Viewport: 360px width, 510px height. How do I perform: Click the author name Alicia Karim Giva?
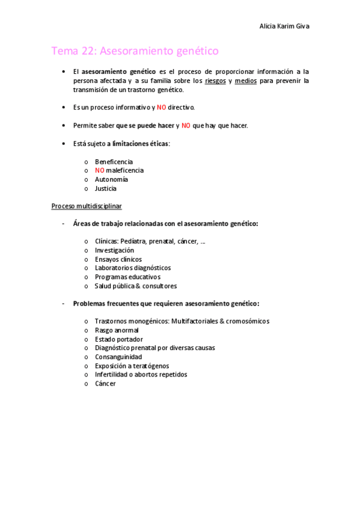tap(284, 26)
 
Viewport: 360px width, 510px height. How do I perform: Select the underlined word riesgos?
tap(216, 81)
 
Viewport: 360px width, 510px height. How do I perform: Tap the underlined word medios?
tap(246, 81)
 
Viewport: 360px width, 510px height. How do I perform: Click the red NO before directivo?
tap(162, 108)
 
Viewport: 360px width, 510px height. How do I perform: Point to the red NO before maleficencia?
tap(100, 170)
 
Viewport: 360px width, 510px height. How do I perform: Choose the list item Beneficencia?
tap(114, 162)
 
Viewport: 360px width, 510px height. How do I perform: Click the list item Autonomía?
tap(111, 179)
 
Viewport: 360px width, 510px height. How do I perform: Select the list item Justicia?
tap(106, 188)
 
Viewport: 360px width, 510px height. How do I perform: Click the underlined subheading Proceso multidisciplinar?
tap(87, 206)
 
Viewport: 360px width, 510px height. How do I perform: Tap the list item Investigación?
tap(115, 250)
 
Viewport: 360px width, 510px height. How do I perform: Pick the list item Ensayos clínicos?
tap(118, 259)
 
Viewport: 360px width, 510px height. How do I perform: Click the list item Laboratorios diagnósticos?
tap(133, 268)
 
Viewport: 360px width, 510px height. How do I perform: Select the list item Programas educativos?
tap(128, 277)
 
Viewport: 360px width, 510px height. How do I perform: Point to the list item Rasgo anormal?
tap(117, 330)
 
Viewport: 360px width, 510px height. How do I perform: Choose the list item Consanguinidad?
tap(118, 357)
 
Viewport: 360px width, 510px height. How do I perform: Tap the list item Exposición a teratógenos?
tap(132, 366)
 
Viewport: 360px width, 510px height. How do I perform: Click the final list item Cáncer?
tap(105, 383)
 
